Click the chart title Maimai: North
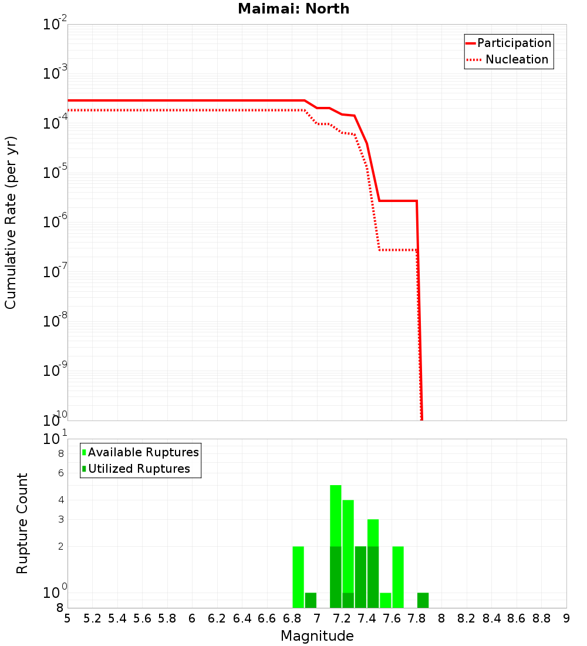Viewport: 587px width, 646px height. click(x=293, y=9)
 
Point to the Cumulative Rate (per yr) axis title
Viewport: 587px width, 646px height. click(x=11, y=223)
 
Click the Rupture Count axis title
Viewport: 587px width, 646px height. click(x=22, y=523)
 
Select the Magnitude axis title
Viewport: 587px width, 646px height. click(x=317, y=636)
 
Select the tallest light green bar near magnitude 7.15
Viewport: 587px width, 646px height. click(x=336, y=514)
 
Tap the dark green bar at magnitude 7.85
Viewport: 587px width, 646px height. click(x=423, y=600)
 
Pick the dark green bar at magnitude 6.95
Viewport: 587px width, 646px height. click(x=311, y=600)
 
